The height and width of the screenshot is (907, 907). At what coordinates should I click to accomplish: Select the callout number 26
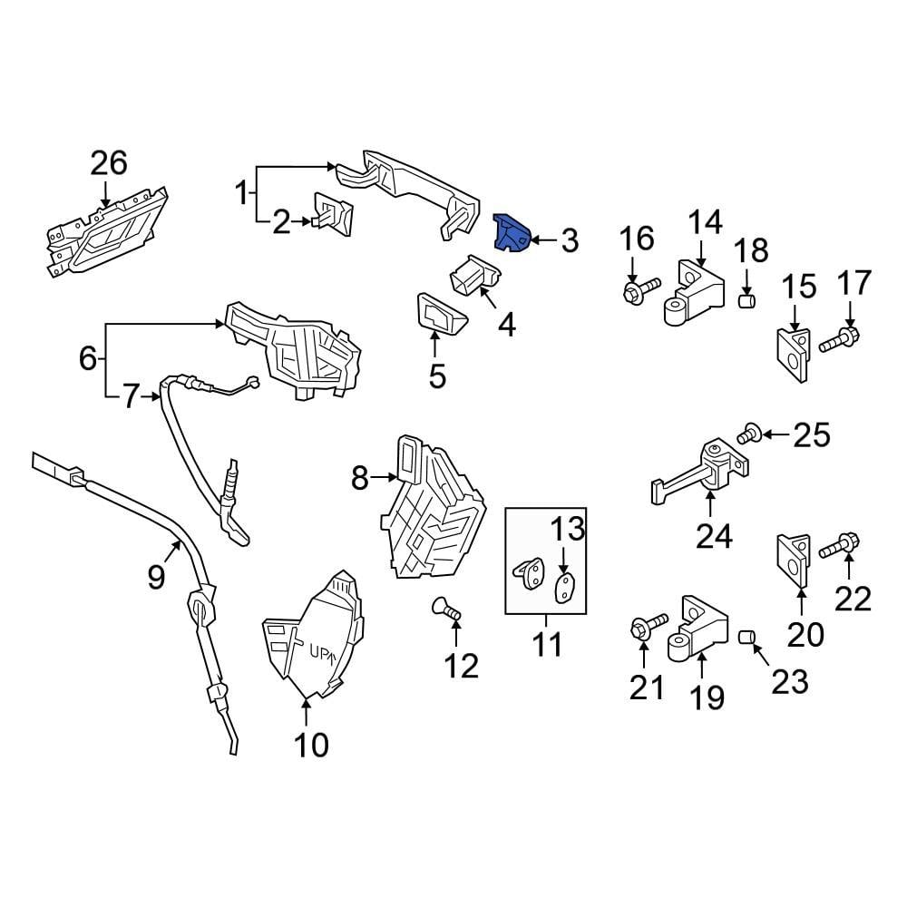[x=108, y=164]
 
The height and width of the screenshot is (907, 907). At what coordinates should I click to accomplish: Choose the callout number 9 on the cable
[x=156, y=576]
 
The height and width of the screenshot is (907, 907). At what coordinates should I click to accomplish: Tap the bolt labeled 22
[x=840, y=547]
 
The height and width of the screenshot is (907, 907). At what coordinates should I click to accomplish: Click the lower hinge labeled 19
[x=697, y=629]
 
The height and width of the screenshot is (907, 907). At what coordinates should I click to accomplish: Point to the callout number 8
[x=359, y=478]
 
